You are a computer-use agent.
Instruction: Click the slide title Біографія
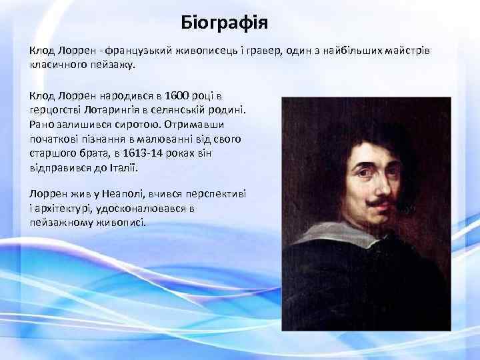coord(224,25)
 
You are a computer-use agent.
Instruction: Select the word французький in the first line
coord(141,51)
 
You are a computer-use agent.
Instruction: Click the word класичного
coord(57,65)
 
